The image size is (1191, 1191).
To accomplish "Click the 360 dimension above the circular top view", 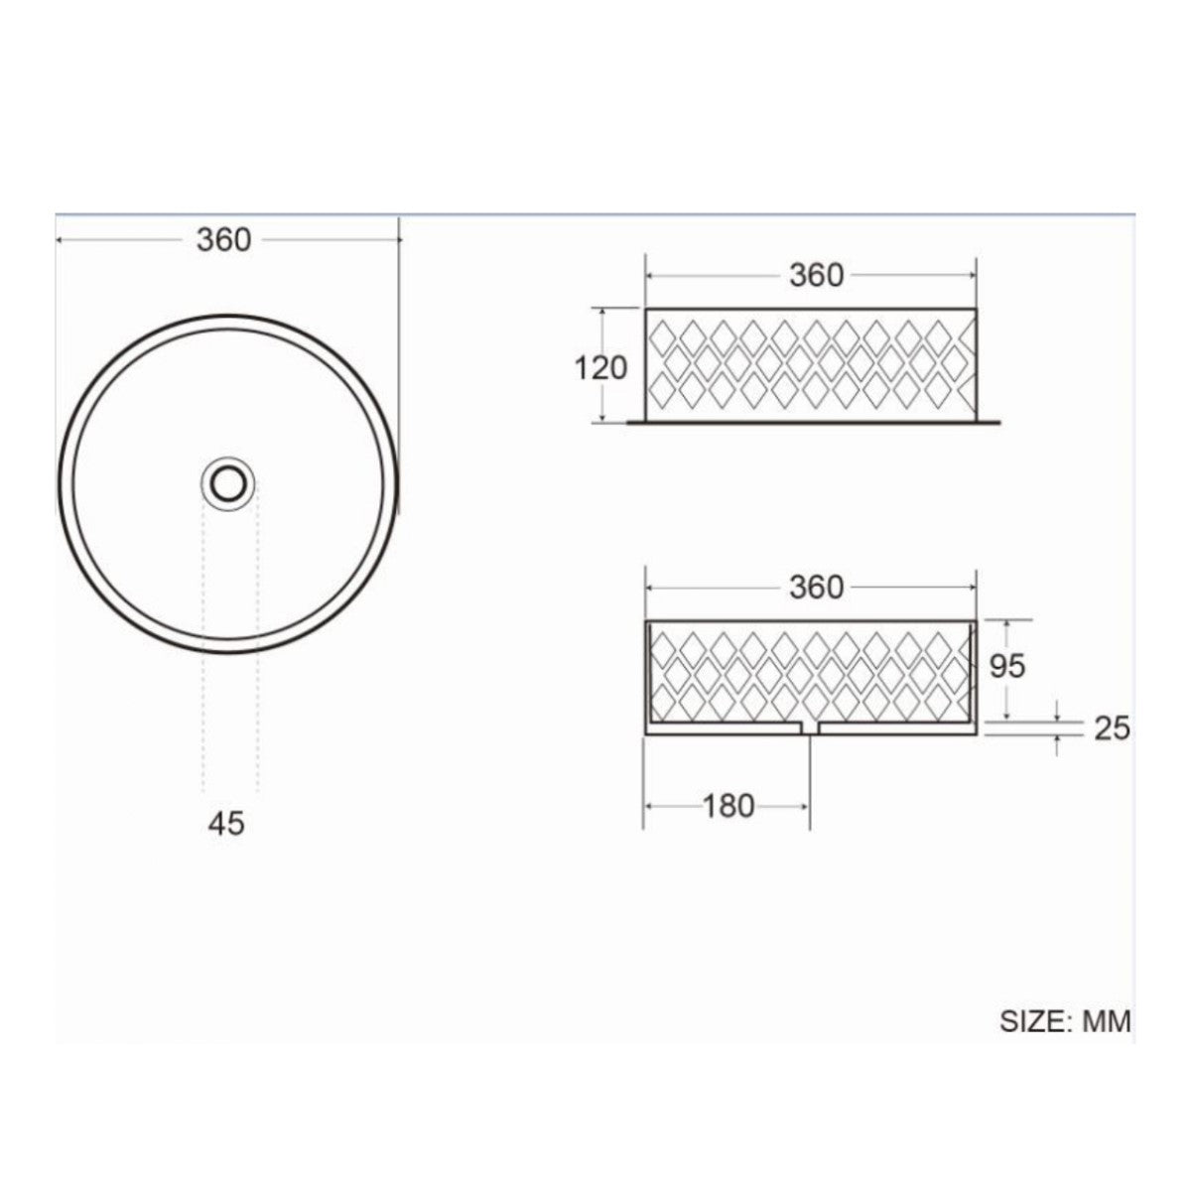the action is coord(223,240).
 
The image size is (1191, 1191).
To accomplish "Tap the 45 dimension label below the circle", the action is coord(226,823).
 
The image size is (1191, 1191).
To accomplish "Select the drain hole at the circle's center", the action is coord(227,483).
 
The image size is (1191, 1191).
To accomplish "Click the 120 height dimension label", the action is coord(600,368).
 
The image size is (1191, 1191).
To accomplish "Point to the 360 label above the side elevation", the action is coord(816,275).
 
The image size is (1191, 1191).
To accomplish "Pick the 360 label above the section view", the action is coord(816,587).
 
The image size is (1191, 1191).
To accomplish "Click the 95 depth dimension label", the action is coord(1007,666).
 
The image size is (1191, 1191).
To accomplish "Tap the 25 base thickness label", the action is coord(1112,728).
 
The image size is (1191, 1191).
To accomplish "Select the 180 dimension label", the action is coord(728,806).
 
